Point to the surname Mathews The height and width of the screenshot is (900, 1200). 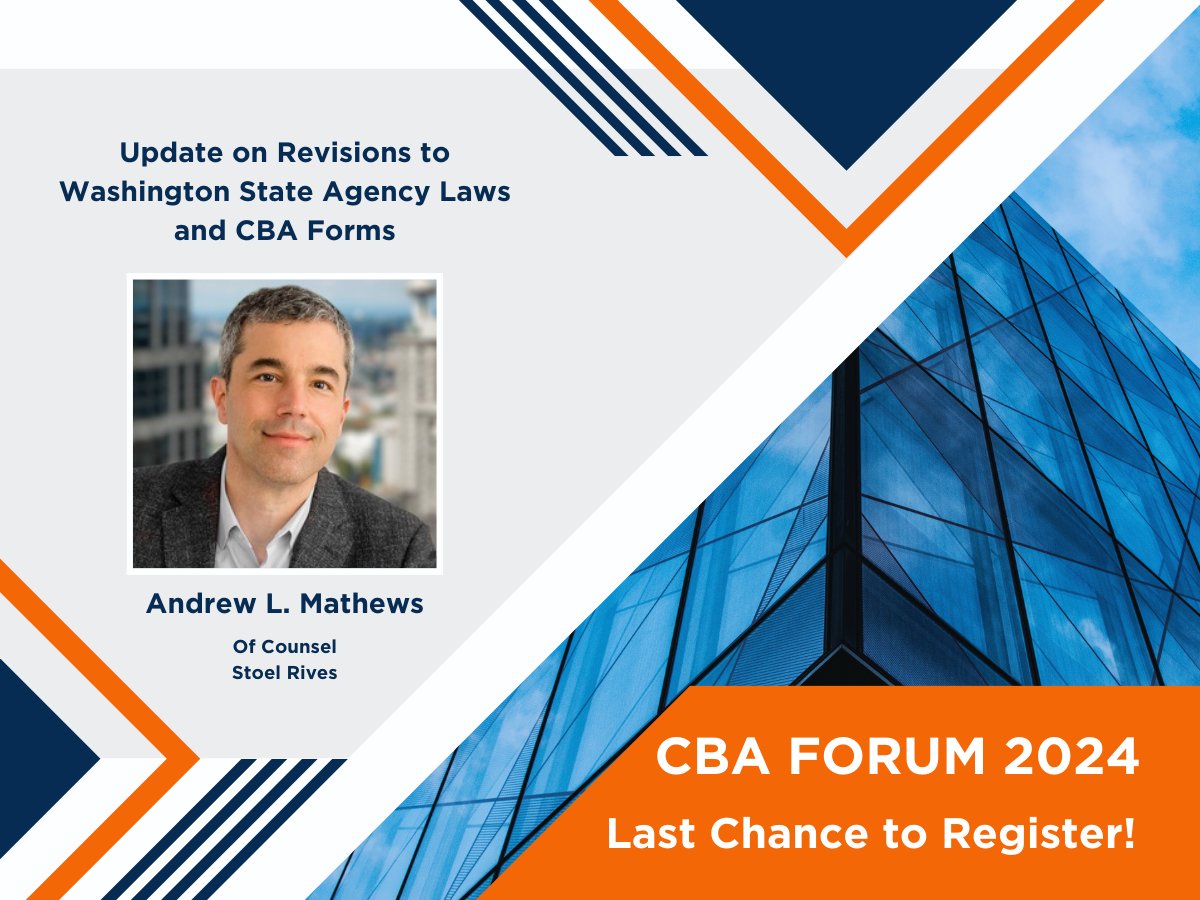365,604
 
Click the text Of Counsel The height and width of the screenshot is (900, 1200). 285,647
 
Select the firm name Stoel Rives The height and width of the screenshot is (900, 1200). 285,672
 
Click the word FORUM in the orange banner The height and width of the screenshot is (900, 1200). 861,759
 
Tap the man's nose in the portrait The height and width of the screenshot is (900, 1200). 287,405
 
